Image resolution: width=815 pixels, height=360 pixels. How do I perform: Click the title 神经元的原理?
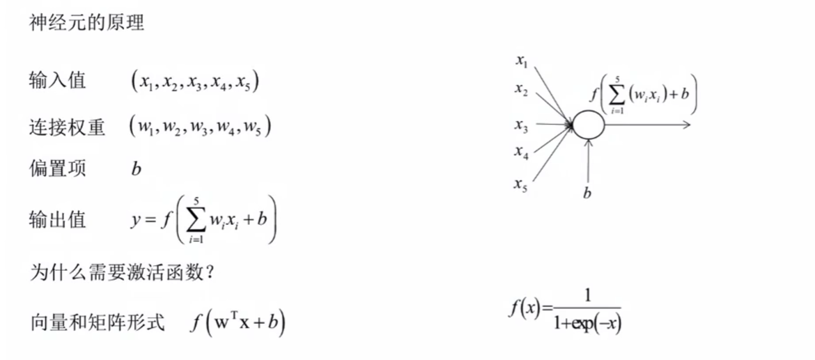click(x=86, y=23)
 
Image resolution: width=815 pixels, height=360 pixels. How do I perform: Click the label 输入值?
click(x=58, y=81)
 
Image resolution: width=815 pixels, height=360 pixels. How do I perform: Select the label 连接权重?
click(x=67, y=127)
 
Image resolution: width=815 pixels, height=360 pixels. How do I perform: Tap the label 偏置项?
click(x=58, y=169)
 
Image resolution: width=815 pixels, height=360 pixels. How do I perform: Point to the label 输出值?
click(x=58, y=220)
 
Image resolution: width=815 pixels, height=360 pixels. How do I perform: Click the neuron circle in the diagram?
click(x=589, y=125)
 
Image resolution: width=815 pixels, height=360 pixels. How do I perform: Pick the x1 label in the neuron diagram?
click(x=521, y=61)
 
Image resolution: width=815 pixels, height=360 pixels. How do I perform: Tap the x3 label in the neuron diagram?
click(x=521, y=125)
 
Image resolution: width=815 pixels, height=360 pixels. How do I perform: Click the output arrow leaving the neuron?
click(x=648, y=125)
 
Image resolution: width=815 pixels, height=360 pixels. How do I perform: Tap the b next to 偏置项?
click(x=137, y=169)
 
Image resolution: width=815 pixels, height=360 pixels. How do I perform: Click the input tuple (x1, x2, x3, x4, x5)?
click(x=196, y=82)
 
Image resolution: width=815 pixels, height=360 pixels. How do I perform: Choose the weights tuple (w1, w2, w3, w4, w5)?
click(x=200, y=127)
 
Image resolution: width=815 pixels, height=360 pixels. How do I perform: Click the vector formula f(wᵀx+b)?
click(x=238, y=323)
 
